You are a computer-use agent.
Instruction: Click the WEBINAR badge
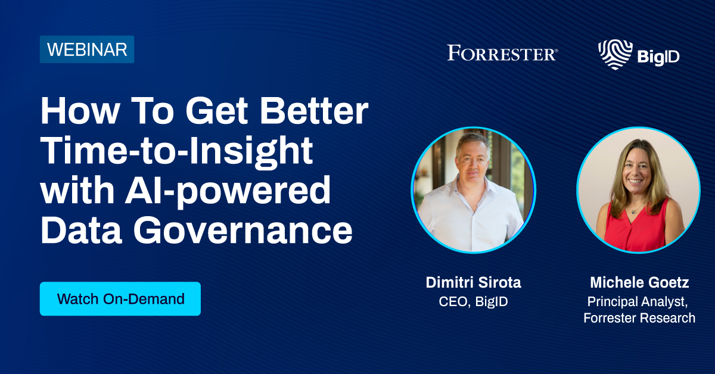pos(87,49)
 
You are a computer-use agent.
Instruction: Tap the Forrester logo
pos(502,53)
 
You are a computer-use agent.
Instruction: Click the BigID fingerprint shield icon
pos(615,54)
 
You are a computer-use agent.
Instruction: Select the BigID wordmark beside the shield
pos(658,57)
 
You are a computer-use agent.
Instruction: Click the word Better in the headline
pos(314,111)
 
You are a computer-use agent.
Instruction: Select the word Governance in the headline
pos(243,230)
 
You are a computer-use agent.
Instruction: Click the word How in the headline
pos(80,111)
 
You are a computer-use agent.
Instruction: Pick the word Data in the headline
pos(81,230)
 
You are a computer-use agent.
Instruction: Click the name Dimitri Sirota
pos(473,282)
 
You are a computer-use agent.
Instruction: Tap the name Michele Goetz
pos(639,282)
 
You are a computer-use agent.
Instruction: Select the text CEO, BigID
pos(473,301)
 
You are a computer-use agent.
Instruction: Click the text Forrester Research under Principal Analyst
pos(639,318)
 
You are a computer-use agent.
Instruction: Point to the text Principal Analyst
pos(638,302)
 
